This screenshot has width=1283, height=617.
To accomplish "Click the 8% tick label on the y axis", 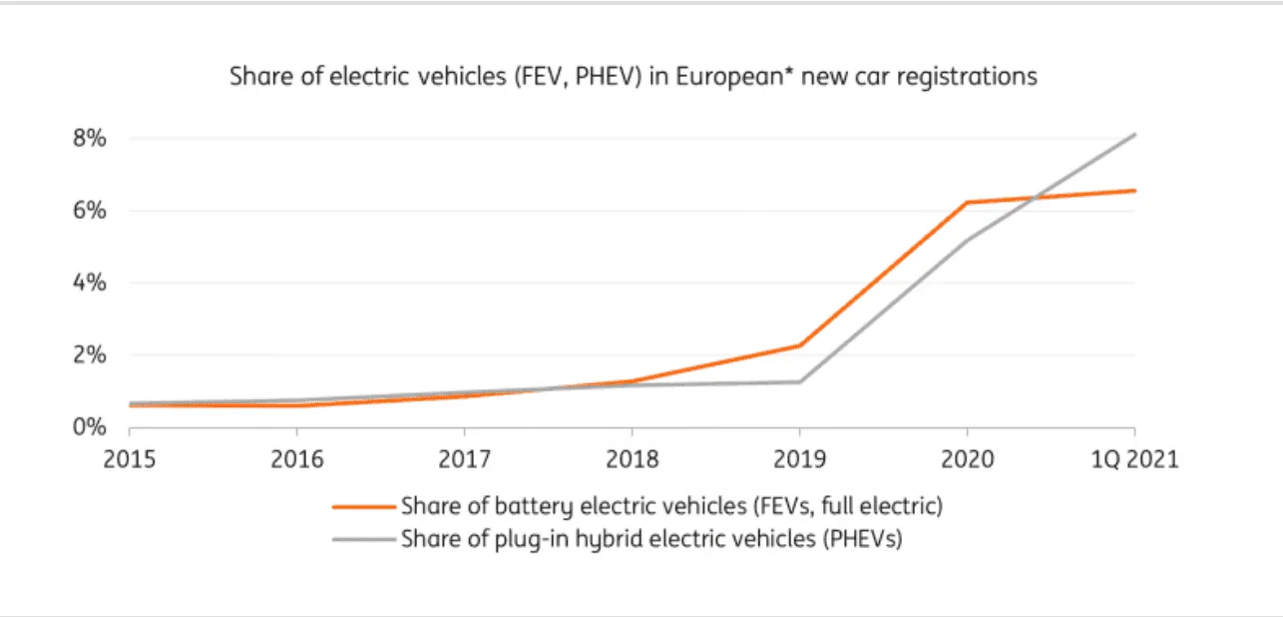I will (89, 138).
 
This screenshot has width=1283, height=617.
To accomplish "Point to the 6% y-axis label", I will (89, 211).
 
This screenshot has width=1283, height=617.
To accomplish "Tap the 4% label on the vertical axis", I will (89, 283).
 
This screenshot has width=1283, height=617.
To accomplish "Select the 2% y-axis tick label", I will (89, 354).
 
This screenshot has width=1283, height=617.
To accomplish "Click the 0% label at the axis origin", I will (89, 426).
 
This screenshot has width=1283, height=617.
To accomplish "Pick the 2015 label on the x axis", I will (130, 460).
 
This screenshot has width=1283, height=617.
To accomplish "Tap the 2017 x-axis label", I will (464, 460).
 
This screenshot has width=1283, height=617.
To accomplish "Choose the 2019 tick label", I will (799, 460).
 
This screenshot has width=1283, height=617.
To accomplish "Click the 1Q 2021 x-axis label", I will (1133, 460).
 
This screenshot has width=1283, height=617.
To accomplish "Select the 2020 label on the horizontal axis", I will (967, 460).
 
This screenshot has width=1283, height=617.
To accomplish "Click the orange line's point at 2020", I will (967, 203).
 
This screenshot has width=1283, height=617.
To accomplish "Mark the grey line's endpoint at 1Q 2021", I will (1134, 134).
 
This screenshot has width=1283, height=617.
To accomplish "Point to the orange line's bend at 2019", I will (799, 345).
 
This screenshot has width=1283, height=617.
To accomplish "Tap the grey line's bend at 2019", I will (799, 381).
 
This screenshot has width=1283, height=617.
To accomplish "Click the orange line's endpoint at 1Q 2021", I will (1134, 190).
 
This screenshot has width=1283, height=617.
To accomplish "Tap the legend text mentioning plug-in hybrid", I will (650, 540).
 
